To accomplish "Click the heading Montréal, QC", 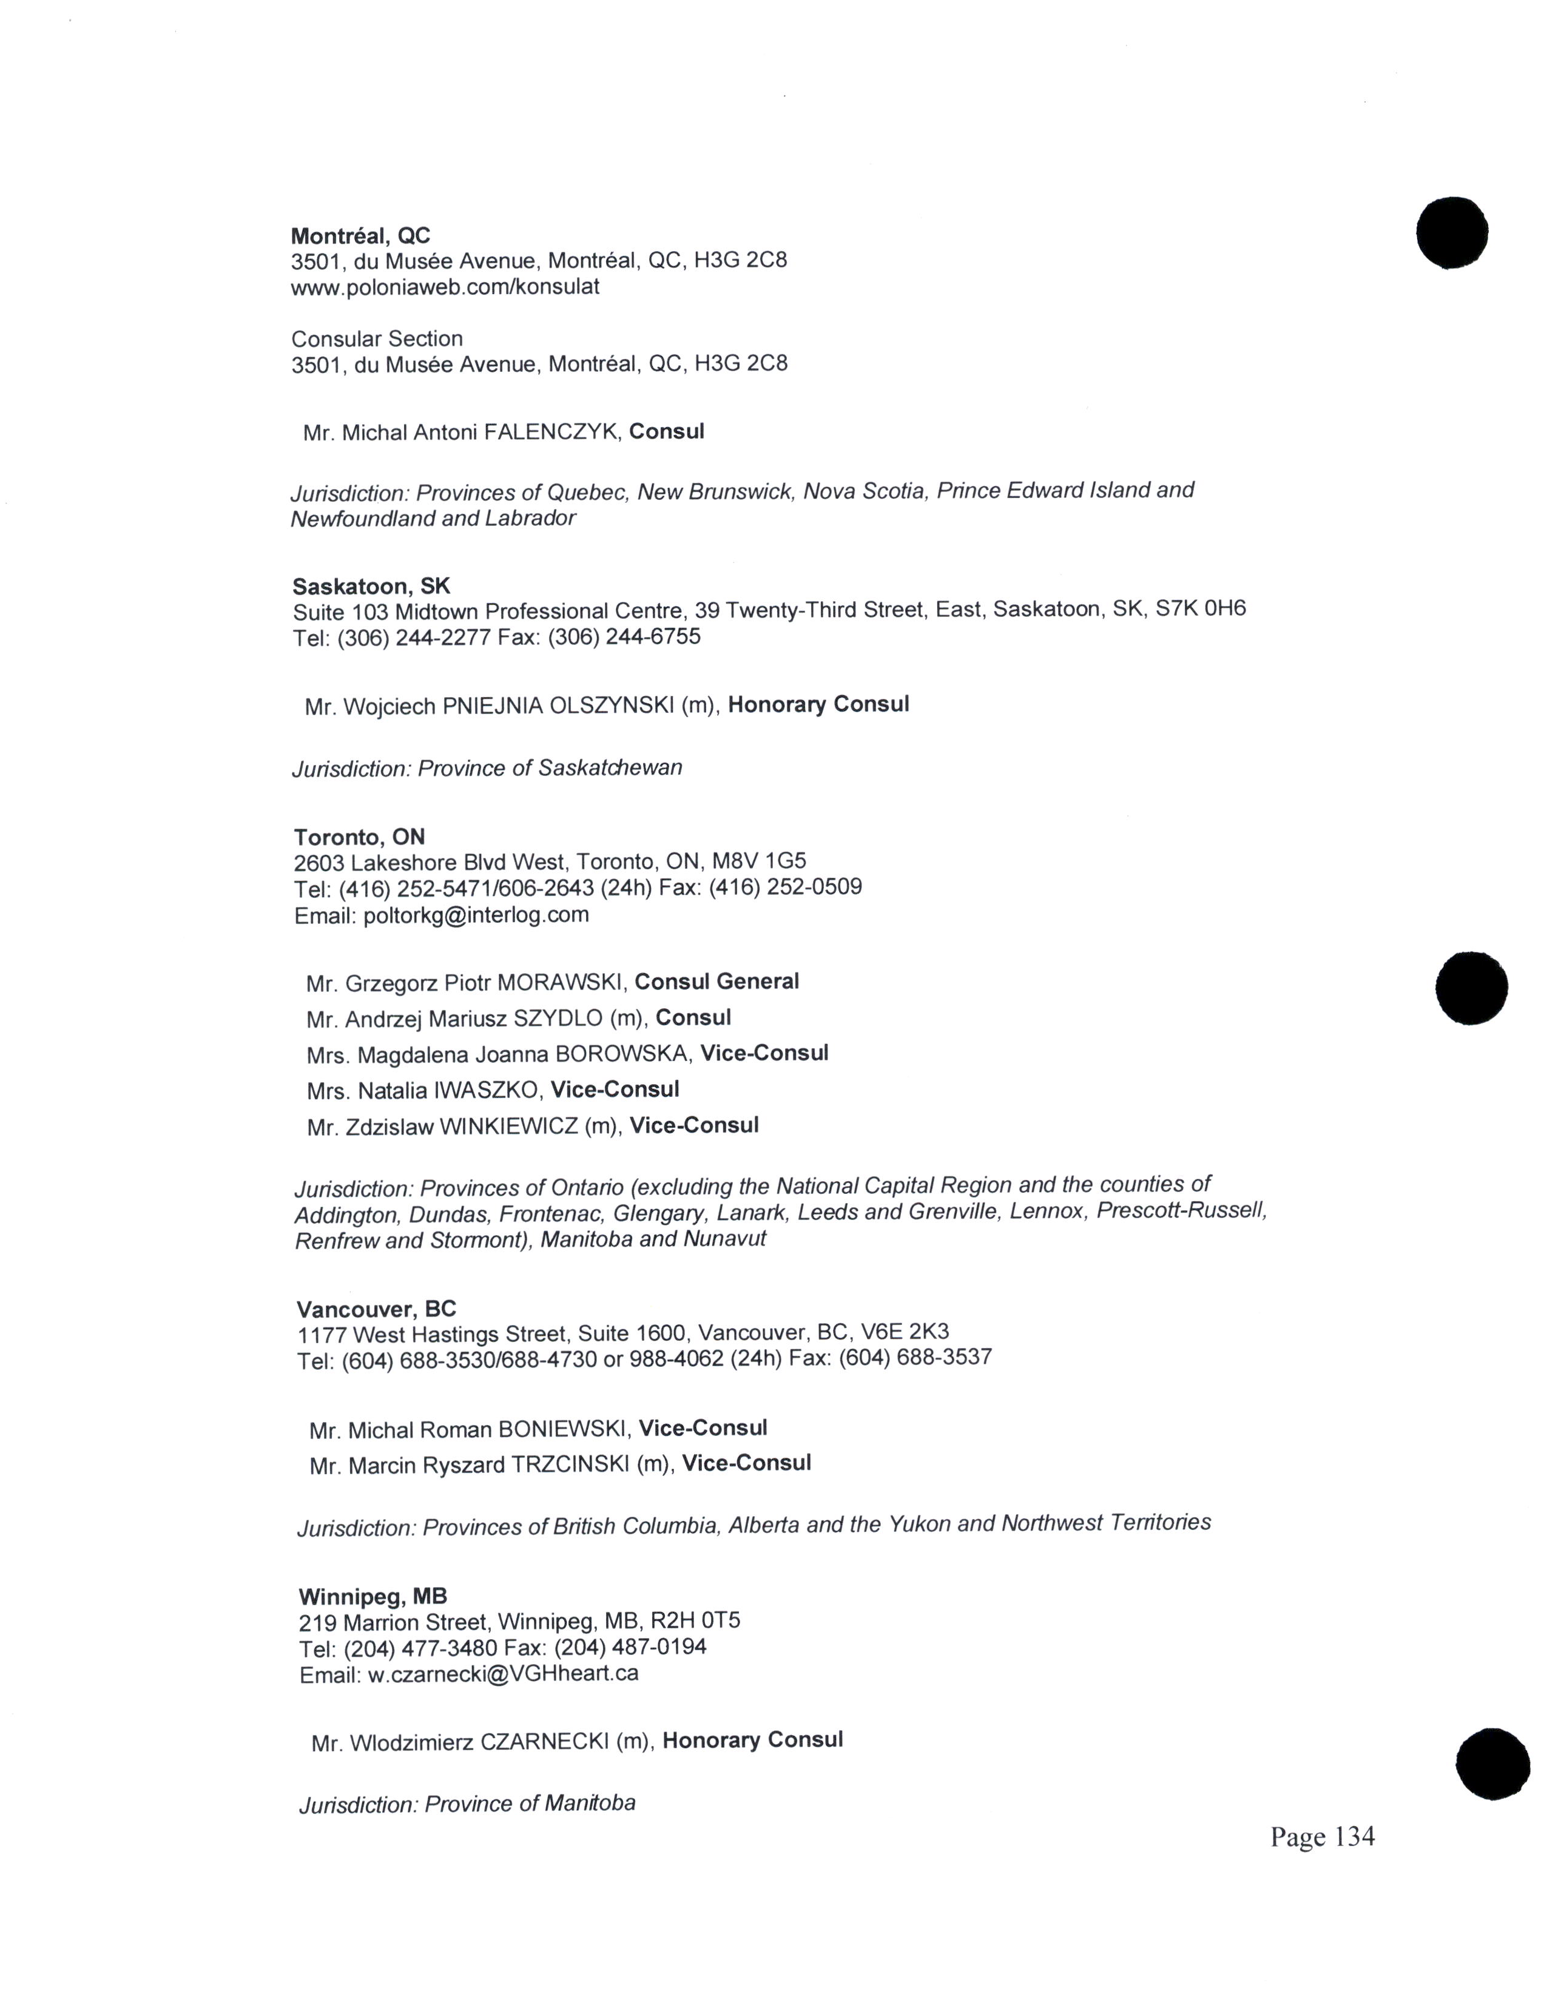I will [360, 235].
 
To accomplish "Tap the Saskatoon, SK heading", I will [371, 586].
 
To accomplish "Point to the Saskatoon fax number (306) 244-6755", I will [624, 636].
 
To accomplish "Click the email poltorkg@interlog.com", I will [476, 915].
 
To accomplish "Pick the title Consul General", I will [716, 982].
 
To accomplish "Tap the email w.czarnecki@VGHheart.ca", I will [503, 1674].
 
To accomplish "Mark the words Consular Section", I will [377, 339].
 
